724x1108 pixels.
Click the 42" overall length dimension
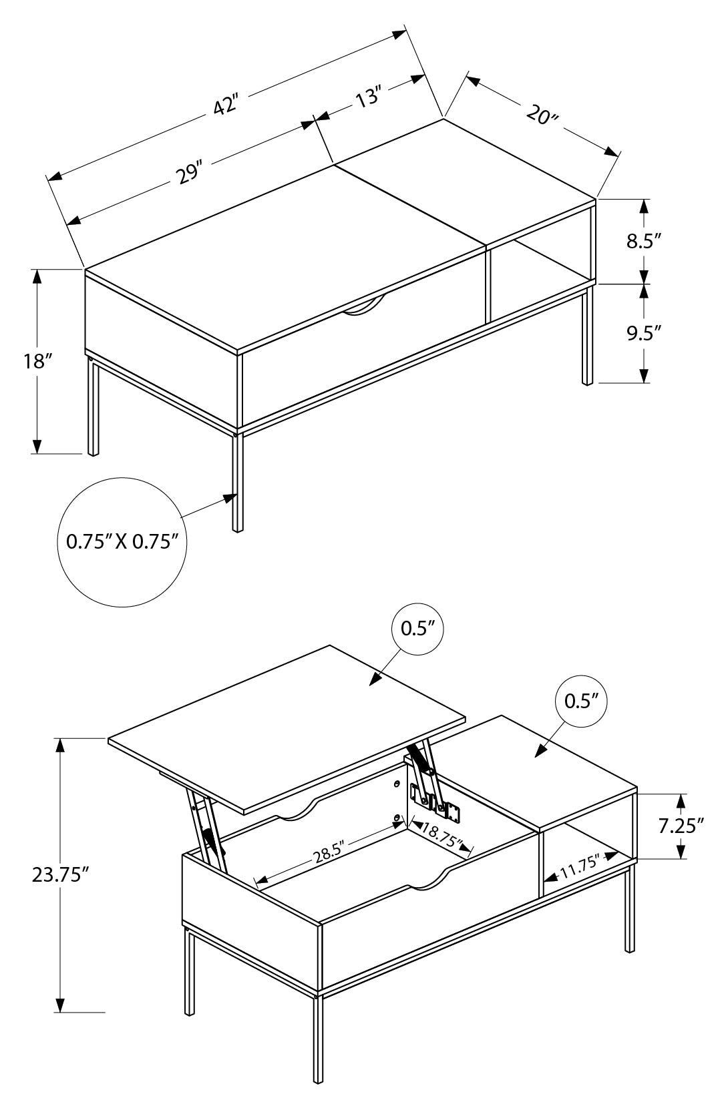(x=226, y=105)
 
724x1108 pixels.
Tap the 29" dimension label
(x=189, y=173)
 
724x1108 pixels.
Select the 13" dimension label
(x=367, y=98)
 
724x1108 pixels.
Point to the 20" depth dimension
(x=542, y=115)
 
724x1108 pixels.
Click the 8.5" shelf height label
(x=643, y=241)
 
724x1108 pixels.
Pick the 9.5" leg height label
(x=643, y=332)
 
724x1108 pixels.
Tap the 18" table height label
(x=38, y=361)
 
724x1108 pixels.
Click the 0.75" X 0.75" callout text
(x=122, y=541)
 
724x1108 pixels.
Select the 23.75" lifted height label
(x=61, y=874)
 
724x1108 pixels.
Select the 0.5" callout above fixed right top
(x=581, y=700)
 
